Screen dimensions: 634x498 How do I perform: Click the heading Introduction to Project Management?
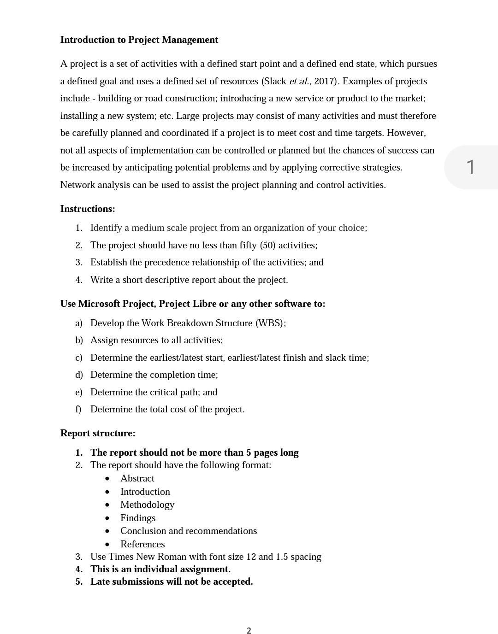click(x=139, y=40)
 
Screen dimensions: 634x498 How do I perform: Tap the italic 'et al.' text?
click(x=300, y=82)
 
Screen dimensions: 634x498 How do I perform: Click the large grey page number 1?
click(x=470, y=167)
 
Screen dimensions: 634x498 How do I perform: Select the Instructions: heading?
click(x=88, y=209)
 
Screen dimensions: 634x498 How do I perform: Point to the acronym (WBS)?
click(x=269, y=323)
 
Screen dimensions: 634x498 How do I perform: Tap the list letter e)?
click(x=78, y=392)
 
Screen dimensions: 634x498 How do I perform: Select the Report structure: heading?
click(x=98, y=433)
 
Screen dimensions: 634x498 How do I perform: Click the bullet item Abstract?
click(x=137, y=478)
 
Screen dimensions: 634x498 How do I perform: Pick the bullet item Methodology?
click(x=147, y=505)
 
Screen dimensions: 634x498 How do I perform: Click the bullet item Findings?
click(x=137, y=518)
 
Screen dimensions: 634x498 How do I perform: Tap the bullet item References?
click(x=142, y=544)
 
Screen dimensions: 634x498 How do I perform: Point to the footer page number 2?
click(x=249, y=631)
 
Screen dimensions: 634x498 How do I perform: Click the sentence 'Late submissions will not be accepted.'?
click(x=171, y=581)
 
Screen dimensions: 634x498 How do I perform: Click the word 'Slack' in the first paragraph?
click(x=275, y=82)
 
